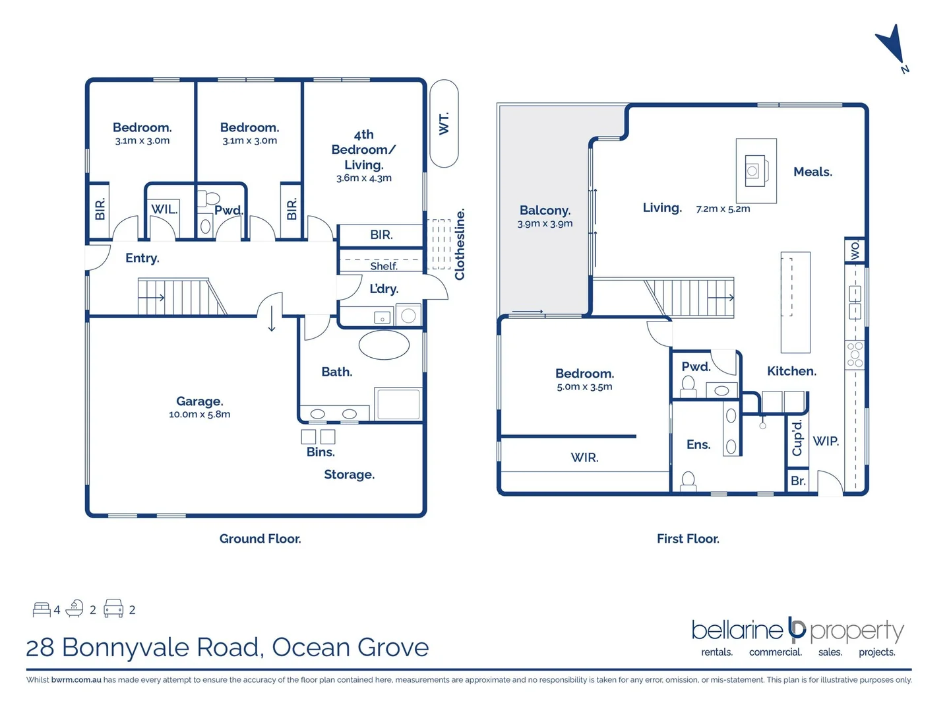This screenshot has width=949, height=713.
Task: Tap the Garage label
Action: (199, 401)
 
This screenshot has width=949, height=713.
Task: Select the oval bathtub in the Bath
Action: (384, 345)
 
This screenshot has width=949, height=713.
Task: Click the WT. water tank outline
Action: (444, 123)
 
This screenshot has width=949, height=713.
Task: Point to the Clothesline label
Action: (460, 244)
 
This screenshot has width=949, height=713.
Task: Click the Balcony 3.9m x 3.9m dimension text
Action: (545, 224)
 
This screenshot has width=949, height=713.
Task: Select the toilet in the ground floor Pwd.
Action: (211, 198)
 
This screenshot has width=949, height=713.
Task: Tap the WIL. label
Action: (164, 209)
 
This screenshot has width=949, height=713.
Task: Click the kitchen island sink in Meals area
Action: (752, 171)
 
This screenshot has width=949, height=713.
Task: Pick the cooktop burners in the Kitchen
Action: (855, 355)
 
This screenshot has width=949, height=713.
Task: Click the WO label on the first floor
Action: (855, 251)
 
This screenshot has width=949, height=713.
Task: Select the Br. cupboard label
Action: (798, 481)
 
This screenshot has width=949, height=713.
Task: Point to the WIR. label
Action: (584, 457)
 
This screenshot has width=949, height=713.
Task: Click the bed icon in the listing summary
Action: (42, 609)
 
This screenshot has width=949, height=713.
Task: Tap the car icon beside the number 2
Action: (113, 608)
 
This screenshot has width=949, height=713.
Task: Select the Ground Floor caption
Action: (260, 539)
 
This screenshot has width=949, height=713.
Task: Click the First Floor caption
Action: (688, 539)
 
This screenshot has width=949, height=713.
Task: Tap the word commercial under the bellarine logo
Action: (775, 652)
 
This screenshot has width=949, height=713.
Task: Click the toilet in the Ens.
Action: (688, 480)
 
